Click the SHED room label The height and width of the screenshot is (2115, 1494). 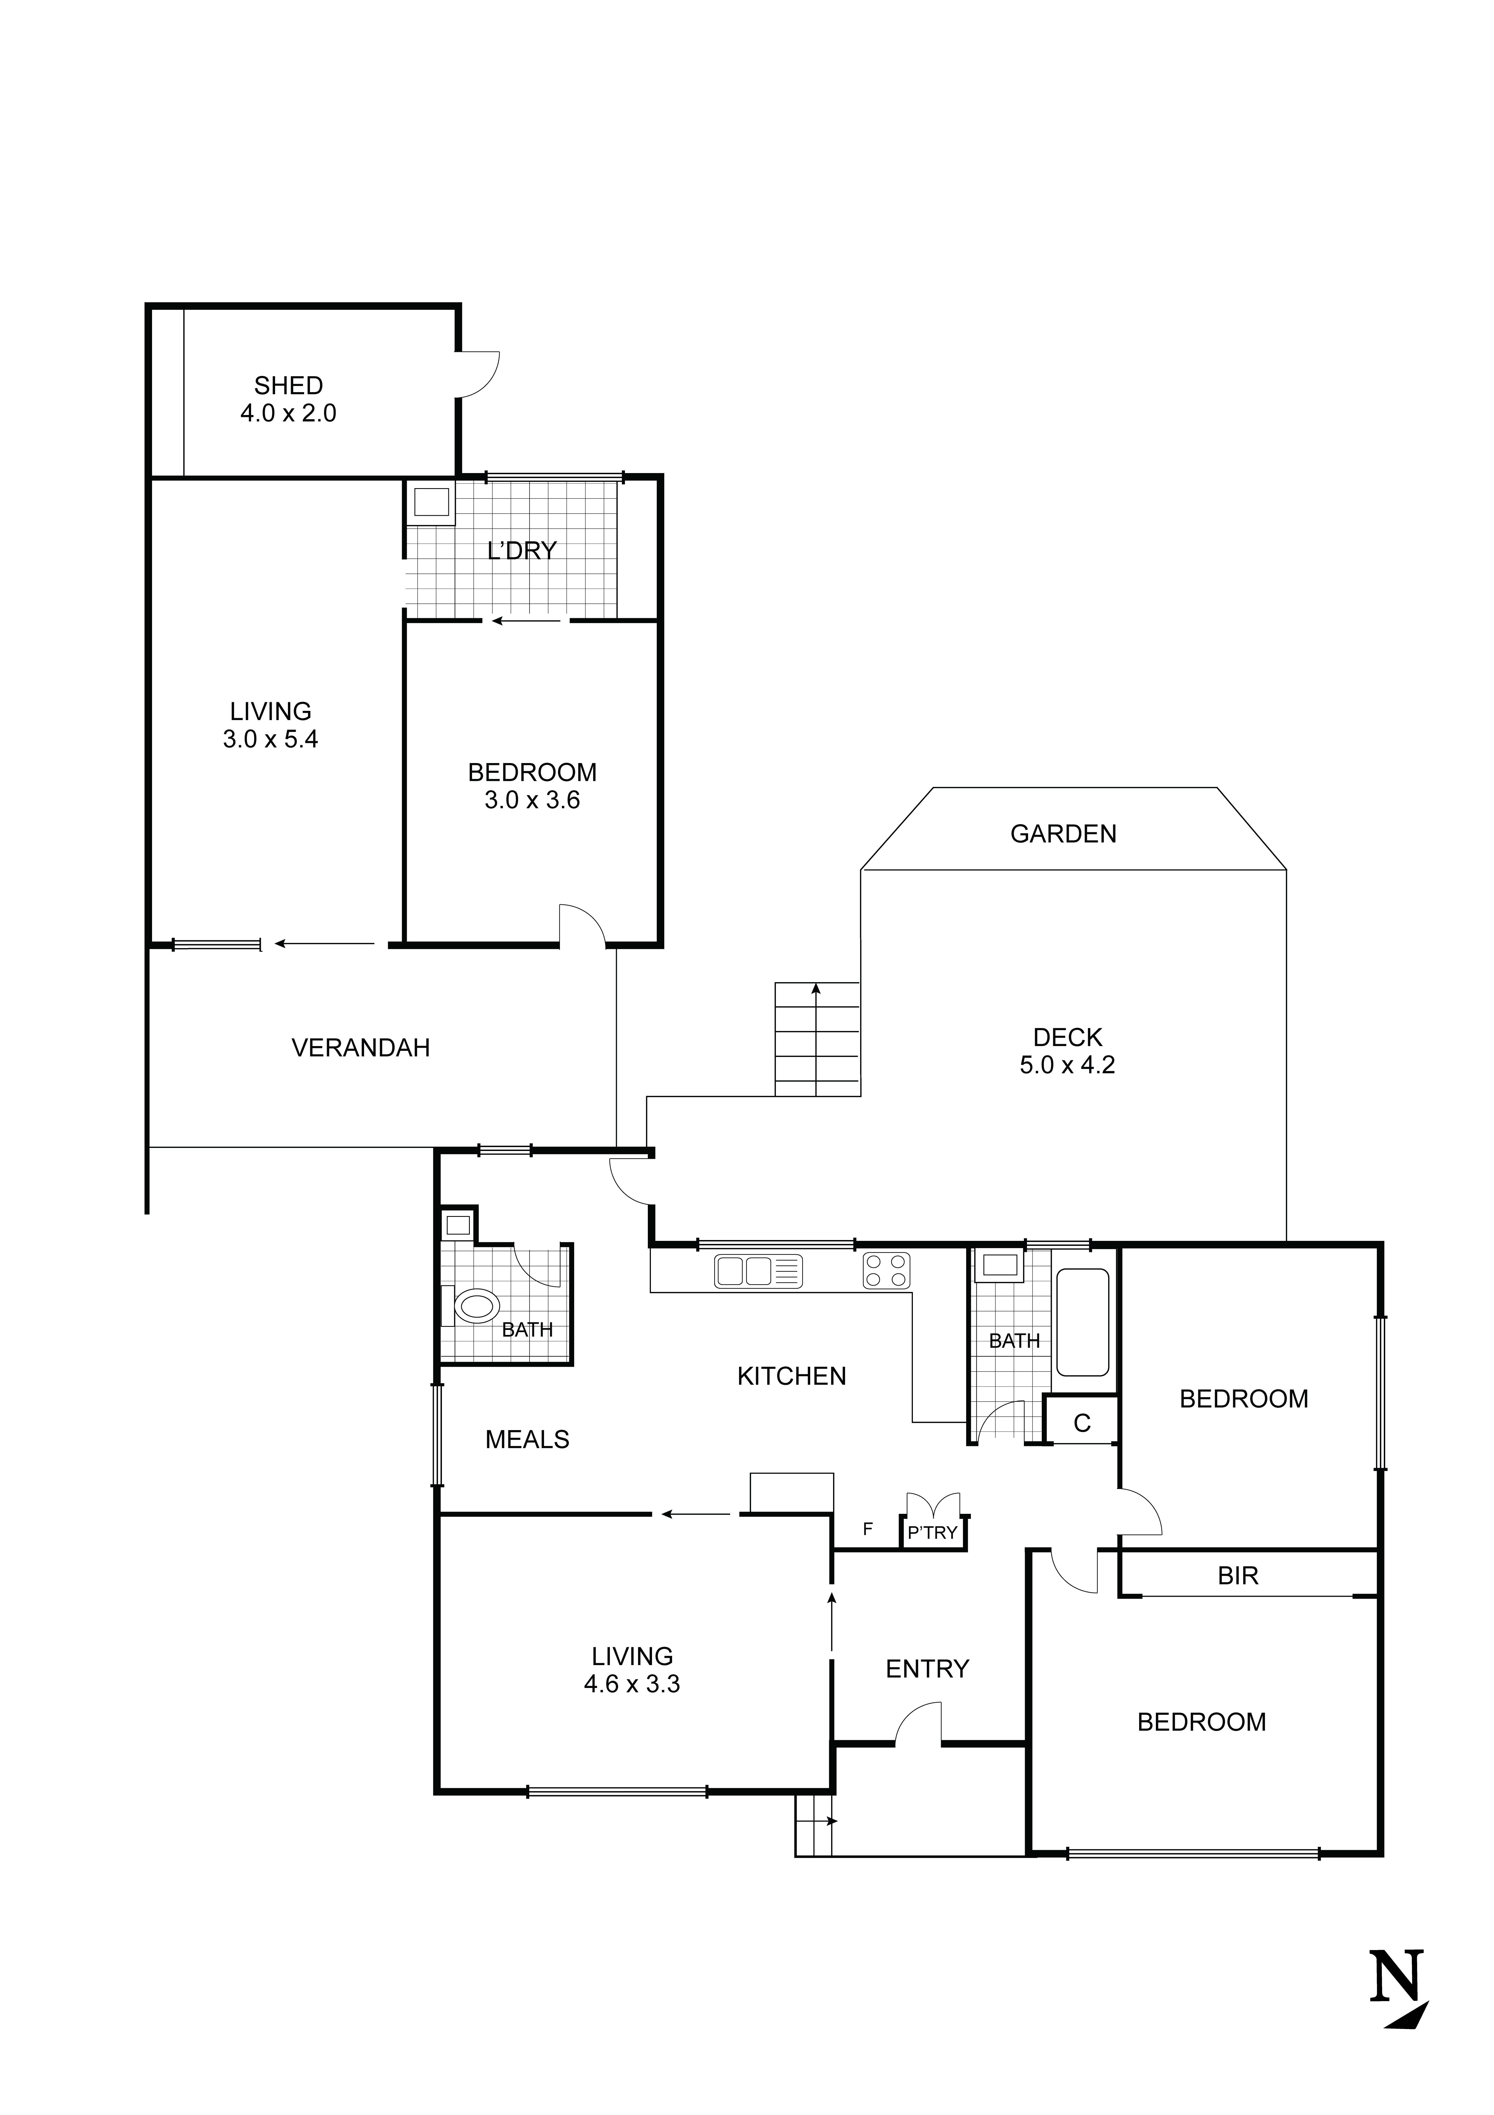(288, 385)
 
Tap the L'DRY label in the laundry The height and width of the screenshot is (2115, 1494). (521, 551)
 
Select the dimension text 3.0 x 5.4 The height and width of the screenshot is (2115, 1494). (270, 740)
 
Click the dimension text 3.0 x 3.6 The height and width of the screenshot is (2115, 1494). (532, 800)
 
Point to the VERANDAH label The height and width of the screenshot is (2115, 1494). (360, 1048)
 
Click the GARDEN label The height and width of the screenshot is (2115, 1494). (1063, 835)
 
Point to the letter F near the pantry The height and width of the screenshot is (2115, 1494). (867, 1530)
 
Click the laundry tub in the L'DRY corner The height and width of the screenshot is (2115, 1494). (431, 503)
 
